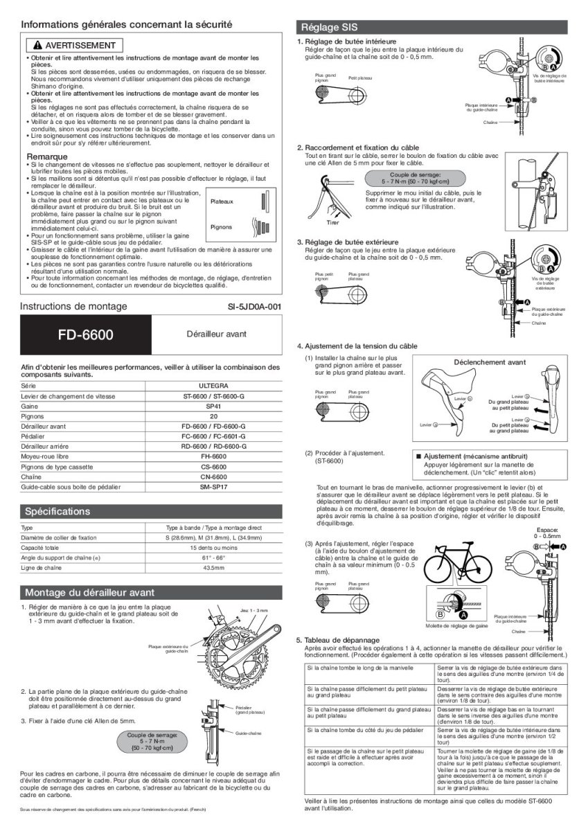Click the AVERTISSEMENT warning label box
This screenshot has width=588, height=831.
(x=74, y=45)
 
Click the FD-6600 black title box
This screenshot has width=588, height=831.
(x=86, y=335)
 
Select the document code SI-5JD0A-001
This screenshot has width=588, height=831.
(x=254, y=306)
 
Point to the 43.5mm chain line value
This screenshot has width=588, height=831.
(x=213, y=569)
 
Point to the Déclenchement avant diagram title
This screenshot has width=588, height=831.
(x=489, y=362)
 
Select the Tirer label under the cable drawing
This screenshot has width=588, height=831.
(x=332, y=223)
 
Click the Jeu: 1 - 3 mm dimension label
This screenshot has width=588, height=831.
(x=253, y=610)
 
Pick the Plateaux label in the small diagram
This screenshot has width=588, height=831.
(x=222, y=202)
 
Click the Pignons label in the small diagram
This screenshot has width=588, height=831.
(x=221, y=226)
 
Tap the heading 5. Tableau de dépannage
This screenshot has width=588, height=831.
(x=339, y=640)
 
